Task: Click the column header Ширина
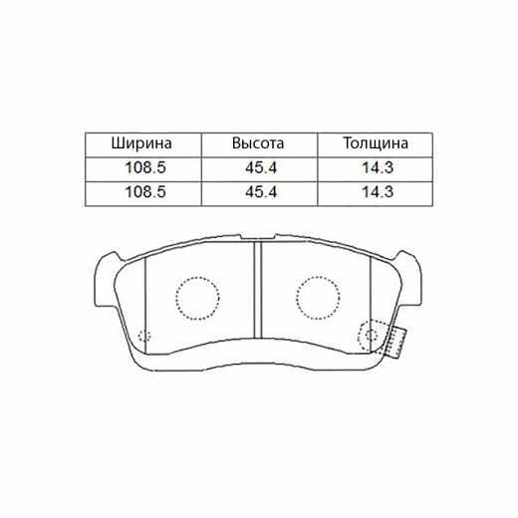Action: [x=143, y=143]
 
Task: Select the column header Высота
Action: [x=258, y=143]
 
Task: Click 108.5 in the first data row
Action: [x=143, y=167]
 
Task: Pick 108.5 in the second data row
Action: [x=143, y=191]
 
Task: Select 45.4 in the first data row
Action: [x=258, y=167]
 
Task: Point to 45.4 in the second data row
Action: [x=258, y=191]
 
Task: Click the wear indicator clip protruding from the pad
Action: [x=395, y=342]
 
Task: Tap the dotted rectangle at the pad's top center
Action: [x=257, y=236]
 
